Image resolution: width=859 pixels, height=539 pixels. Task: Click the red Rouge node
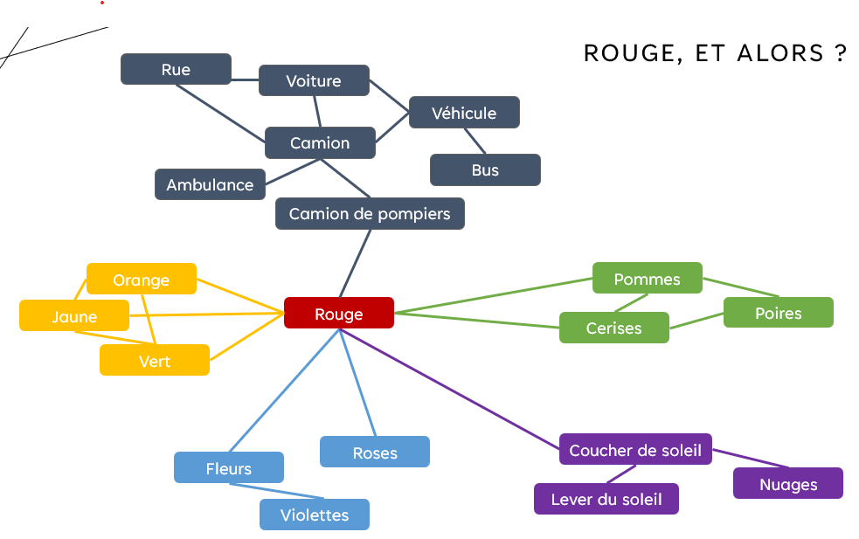[339, 314]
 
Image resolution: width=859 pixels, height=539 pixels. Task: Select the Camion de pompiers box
[370, 214]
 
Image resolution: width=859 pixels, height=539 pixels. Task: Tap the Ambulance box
[210, 184]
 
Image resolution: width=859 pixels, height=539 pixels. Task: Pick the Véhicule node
[464, 113]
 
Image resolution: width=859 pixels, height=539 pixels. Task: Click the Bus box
[485, 170]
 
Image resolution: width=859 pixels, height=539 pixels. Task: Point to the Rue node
[176, 70]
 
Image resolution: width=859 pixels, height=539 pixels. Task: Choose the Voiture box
[314, 81]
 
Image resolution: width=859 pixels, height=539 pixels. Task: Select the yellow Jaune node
[74, 316]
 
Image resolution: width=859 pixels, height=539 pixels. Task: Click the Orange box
[142, 280]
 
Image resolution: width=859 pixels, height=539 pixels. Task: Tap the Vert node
[155, 361]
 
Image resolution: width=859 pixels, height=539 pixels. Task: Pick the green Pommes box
[647, 279]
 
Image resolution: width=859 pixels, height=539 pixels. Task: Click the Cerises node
[613, 328]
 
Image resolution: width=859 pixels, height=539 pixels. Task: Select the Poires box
[778, 313]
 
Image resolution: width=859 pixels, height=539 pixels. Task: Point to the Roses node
[375, 453]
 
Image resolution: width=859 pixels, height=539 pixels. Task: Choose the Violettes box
[315, 515]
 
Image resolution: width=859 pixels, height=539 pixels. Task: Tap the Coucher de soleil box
[635, 450]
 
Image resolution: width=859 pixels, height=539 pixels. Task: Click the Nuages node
[788, 484]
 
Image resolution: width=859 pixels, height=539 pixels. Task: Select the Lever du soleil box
[606, 500]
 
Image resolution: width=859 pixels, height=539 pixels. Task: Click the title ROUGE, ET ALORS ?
[715, 53]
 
